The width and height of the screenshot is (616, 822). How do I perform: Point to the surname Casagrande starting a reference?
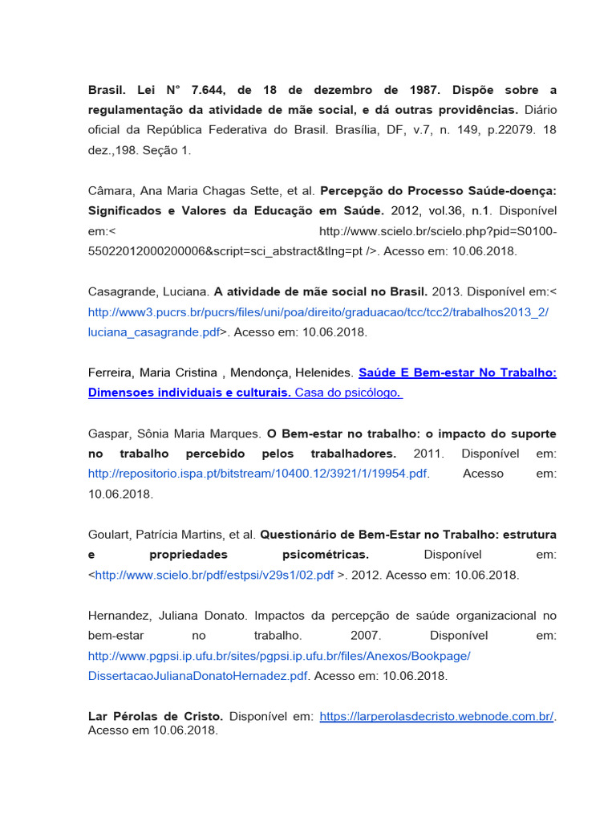coord(122,291)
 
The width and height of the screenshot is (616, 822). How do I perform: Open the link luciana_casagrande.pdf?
coord(153,332)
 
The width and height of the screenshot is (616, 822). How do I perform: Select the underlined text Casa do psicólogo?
coord(349,393)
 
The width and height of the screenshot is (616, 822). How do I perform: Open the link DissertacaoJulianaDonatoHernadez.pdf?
coord(197,676)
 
